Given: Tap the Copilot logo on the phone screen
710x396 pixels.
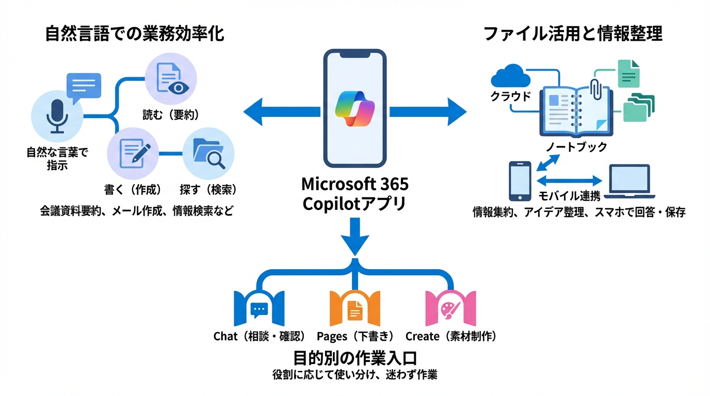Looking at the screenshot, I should tap(354, 108).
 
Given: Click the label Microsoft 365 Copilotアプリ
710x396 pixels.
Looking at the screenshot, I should tap(354, 194).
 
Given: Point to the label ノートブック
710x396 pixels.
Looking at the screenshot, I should tap(576, 147).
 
